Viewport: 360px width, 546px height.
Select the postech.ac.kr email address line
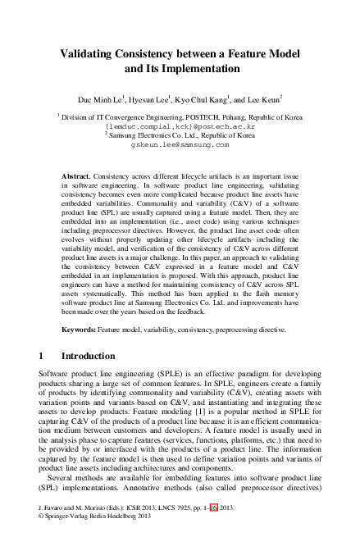(180, 128)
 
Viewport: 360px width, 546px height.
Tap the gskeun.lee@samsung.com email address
(180, 146)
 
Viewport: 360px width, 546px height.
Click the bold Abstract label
(77, 176)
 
